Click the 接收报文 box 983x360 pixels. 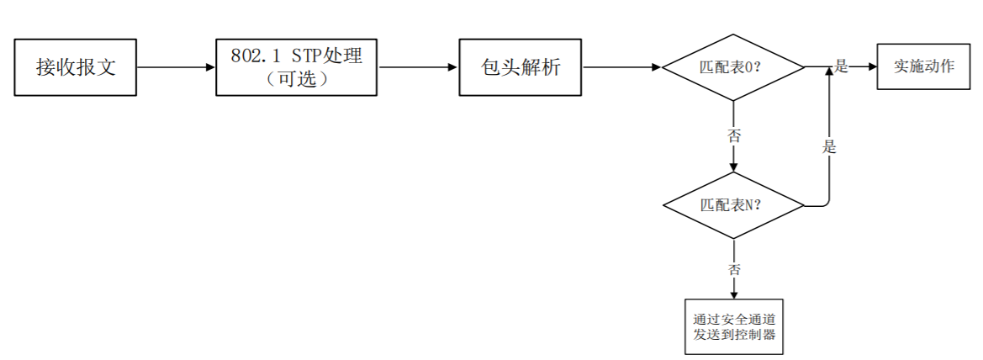pos(76,67)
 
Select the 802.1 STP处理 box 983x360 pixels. pos(297,67)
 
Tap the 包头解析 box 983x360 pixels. pos(521,67)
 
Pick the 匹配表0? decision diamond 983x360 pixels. pos(733,67)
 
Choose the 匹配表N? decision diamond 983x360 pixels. pos(733,205)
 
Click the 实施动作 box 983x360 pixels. pos(923,66)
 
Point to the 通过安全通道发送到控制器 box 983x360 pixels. pos(733,326)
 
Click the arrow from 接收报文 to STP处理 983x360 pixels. pos(176,67)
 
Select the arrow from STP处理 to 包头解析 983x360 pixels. pos(418,67)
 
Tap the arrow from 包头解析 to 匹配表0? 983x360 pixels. pos(622,67)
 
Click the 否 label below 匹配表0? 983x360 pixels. pos(734,135)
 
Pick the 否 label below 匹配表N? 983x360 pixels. pos(734,269)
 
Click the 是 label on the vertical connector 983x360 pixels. pos(830,147)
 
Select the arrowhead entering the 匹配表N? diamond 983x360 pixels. pos(733,167)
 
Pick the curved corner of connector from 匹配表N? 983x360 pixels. pos(827,202)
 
